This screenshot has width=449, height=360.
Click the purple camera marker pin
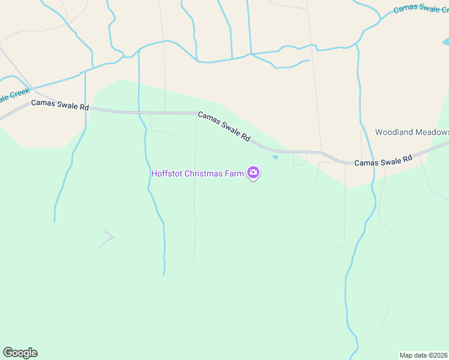[x=253, y=173]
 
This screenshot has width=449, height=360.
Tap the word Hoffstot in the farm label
[x=166, y=174]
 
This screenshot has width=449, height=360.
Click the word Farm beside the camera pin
[x=237, y=174]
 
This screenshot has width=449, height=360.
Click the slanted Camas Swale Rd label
[x=223, y=126]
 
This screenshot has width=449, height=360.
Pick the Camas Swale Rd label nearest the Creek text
[x=60, y=107]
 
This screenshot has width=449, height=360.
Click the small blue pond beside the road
[x=275, y=158]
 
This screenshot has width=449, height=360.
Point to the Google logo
[x=20, y=352]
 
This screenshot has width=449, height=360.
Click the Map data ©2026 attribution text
[x=423, y=355]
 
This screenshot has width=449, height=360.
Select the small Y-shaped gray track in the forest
[x=107, y=238]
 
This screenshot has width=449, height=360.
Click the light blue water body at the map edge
[x=446, y=42]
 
